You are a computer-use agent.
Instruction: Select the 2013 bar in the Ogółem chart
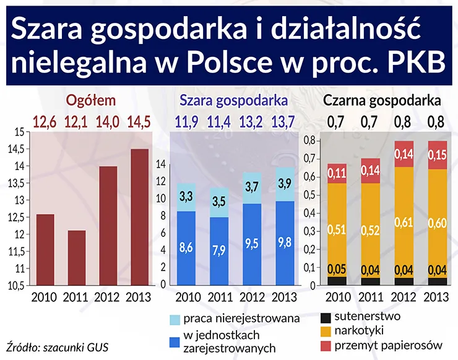[x=139, y=217]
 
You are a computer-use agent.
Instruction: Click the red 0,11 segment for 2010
[x=337, y=173]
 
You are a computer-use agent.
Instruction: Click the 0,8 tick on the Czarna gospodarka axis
[x=308, y=141]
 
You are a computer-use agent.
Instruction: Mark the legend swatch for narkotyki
[x=325, y=330]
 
